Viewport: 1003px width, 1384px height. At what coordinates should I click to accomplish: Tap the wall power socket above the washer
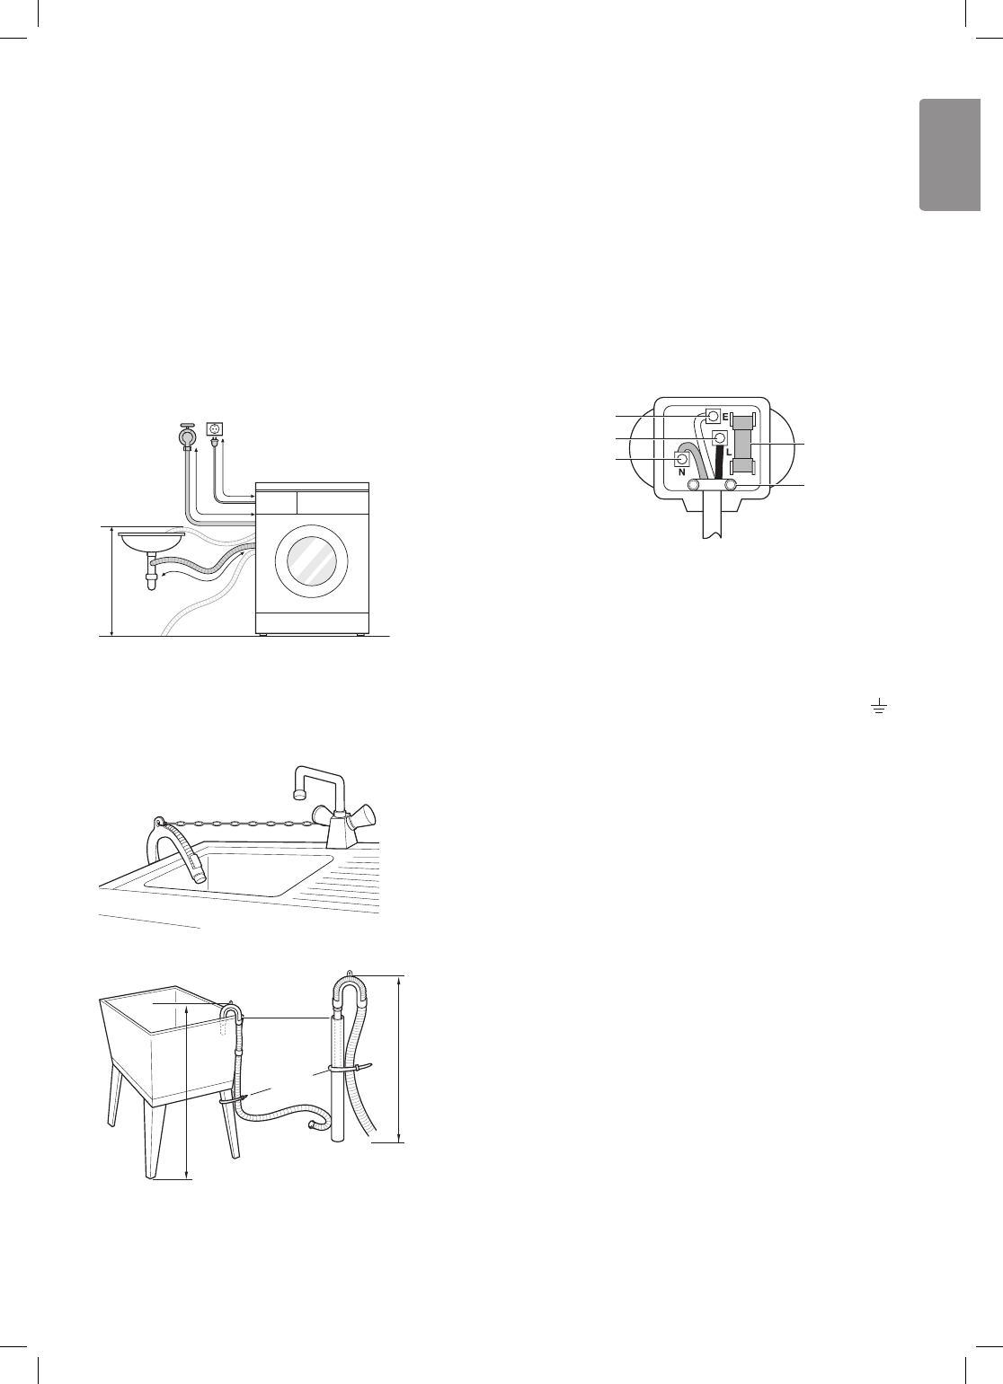point(215,429)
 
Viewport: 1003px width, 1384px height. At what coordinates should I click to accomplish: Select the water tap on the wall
point(187,435)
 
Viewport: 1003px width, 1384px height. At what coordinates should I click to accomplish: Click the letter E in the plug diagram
point(724,419)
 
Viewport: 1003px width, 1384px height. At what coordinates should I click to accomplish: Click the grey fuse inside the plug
point(744,445)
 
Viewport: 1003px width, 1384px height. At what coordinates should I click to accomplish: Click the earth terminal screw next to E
point(714,417)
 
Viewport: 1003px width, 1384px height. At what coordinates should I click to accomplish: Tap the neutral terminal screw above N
point(681,459)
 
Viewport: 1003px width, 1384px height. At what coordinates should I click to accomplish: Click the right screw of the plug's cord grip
point(731,485)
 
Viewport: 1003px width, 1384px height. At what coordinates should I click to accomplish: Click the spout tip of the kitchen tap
point(297,794)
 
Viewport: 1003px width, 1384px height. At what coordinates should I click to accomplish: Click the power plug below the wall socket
point(215,444)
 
